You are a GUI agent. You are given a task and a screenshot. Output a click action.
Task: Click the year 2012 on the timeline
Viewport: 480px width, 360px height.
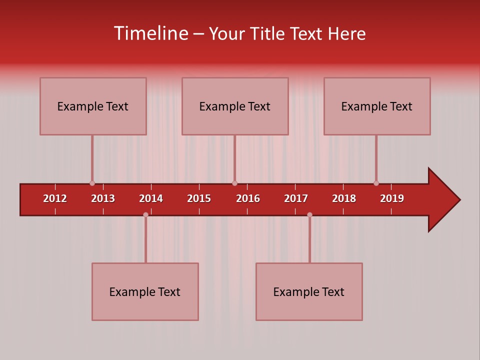point(55,198)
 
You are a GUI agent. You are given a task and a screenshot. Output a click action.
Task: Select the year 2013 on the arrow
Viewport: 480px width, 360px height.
point(103,198)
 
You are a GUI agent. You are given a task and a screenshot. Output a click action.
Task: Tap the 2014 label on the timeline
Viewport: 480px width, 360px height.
point(151,198)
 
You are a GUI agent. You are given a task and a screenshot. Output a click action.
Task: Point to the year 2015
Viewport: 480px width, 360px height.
point(199,198)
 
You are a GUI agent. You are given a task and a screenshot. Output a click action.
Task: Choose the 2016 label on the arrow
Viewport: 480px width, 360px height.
point(248,198)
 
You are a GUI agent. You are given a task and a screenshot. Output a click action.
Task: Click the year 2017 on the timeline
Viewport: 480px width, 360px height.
point(296,198)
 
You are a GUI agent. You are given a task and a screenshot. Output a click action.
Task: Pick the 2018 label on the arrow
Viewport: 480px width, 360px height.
point(344,198)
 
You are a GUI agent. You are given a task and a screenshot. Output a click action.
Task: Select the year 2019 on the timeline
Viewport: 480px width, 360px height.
point(392,198)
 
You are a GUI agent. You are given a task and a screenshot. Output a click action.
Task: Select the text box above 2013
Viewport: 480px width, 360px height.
point(93,106)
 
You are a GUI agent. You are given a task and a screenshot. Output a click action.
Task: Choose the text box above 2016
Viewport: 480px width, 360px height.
point(235,106)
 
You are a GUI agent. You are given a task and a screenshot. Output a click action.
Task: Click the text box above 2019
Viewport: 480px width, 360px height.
point(377,106)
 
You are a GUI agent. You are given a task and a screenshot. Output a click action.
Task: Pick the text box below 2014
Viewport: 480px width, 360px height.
point(145,291)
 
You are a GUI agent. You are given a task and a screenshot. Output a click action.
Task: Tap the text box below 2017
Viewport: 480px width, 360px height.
point(309,291)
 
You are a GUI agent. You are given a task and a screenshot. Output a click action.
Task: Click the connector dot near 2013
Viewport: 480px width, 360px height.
point(92,183)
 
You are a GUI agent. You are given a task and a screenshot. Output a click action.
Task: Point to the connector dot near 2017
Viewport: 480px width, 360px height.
point(309,214)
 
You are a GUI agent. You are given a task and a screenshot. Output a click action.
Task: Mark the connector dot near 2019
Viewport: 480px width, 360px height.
point(376,183)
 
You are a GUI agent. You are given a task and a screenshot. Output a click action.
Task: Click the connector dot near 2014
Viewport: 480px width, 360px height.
point(145,214)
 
